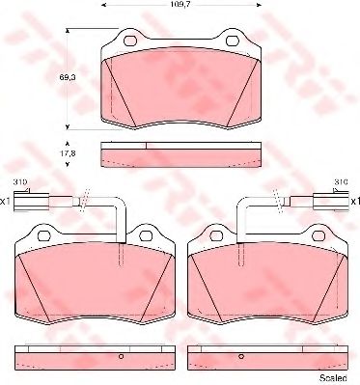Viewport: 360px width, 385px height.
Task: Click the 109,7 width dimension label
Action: coord(180,5)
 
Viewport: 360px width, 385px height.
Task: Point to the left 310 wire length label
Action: coord(18,181)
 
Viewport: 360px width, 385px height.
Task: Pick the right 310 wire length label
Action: coord(340,181)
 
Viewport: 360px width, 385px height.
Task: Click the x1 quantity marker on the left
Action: coord(6,200)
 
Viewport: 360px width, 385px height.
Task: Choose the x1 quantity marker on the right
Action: coord(353,200)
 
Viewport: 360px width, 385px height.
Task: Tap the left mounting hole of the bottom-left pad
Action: coord(42,234)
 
